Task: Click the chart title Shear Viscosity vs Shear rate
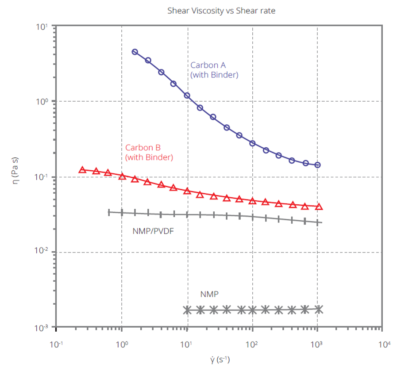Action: (221, 11)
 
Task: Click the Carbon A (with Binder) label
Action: (214, 70)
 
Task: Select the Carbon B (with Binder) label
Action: (149, 152)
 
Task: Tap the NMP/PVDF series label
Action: (152, 230)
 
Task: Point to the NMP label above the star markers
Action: (209, 294)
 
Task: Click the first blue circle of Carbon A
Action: (135, 52)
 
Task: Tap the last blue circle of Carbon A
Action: (317, 165)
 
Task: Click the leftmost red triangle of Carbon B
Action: (82, 170)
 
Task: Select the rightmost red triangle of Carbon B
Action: (319, 207)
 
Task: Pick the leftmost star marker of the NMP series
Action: (187, 310)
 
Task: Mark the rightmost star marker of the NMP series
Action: (318, 309)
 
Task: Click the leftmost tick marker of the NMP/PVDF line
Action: (109, 212)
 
